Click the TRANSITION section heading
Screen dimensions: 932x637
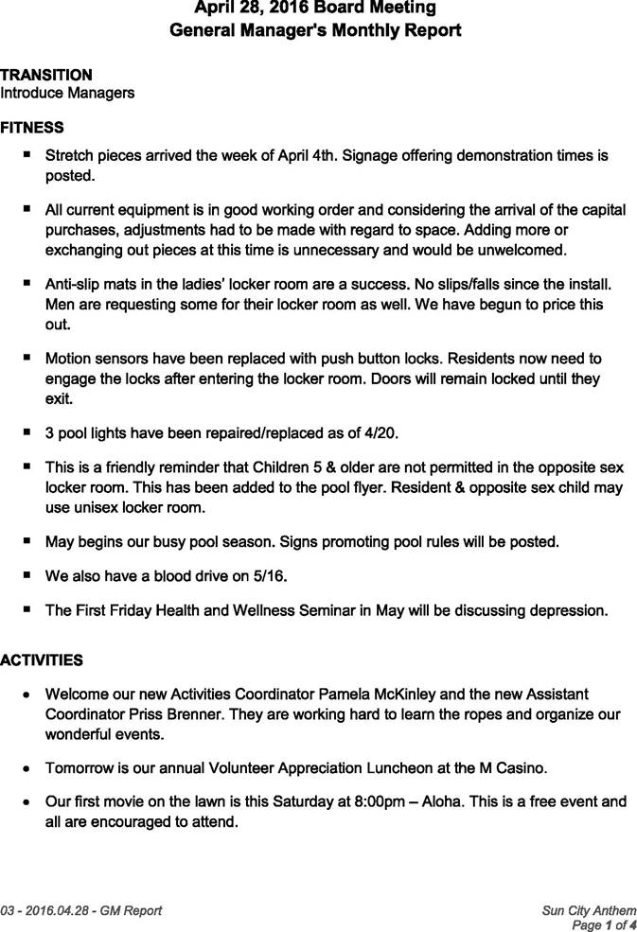pyautogui.click(x=46, y=75)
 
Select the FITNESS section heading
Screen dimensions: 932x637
pyautogui.click(x=32, y=128)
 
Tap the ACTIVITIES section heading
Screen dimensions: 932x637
pyautogui.click(x=42, y=660)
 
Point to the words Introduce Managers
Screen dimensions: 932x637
pyautogui.click(x=67, y=93)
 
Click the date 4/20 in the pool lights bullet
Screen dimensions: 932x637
pyautogui.click(x=381, y=433)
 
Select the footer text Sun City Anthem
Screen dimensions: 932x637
pyautogui.click(x=589, y=911)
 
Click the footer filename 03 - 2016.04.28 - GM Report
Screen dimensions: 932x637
pyautogui.click(x=81, y=911)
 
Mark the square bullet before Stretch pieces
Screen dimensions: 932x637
pyautogui.click(x=27, y=153)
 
